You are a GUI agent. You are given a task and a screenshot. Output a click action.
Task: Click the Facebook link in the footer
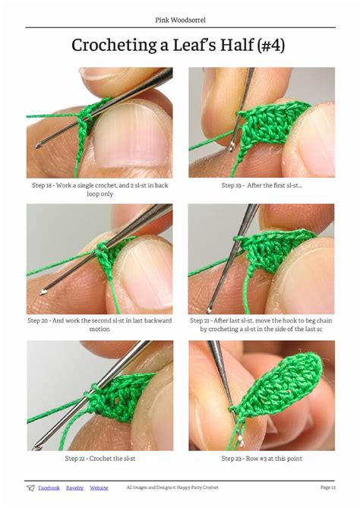[x=49, y=487]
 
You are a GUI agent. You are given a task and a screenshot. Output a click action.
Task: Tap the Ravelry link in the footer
[x=75, y=487]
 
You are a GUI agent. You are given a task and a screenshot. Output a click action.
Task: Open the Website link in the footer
[x=99, y=487]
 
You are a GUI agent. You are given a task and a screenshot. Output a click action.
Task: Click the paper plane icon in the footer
[x=30, y=488]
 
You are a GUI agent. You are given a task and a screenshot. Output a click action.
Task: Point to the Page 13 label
[x=327, y=487]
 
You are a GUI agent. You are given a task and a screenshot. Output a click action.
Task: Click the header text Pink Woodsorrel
[x=180, y=20]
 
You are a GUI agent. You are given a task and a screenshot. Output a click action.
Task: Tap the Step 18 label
[x=42, y=185]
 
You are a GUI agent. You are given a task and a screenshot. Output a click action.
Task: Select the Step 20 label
[x=38, y=320]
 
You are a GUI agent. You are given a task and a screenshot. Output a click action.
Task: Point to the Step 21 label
[x=200, y=320]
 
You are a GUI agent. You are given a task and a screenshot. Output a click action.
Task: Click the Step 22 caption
[x=100, y=459]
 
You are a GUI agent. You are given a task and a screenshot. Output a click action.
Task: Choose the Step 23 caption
[x=262, y=459]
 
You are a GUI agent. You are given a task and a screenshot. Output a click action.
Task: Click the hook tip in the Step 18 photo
[x=38, y=146]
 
